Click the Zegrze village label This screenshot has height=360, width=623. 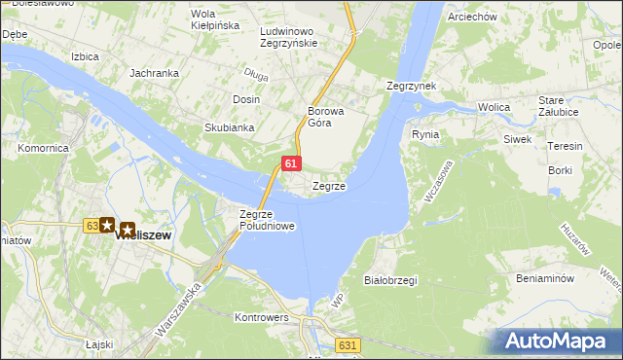[328, 186]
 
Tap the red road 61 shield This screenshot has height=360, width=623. [291, 163]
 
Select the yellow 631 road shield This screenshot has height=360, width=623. [348, 345]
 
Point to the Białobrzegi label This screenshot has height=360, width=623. [389, 280]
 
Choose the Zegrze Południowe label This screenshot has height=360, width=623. [267, 219]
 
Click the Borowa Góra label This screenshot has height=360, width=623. [320, 116]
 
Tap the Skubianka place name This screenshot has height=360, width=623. [229, 127]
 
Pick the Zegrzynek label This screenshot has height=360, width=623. [410, 86]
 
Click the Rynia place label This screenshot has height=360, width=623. [425, 134]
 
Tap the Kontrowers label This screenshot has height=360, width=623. [262, 317]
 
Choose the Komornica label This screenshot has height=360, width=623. [42, 149]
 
